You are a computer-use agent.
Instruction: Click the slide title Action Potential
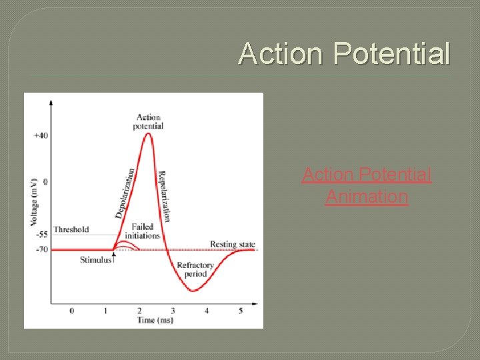click(344, 53)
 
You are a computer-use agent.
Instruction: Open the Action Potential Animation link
click(366, 185)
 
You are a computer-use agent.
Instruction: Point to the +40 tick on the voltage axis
click(41, 135)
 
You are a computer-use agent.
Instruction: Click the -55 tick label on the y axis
click(41, 235)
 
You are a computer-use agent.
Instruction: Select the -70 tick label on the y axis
click(41, 249)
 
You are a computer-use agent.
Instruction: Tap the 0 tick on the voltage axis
click(45, 181)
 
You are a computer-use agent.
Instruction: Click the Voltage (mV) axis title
click(33, 201)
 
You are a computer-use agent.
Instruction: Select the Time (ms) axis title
click(155, 321)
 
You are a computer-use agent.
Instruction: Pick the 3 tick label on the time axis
click(173, 311)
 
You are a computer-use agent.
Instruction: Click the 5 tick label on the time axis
click(241, 311)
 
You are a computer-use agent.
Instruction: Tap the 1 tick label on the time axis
click(105, 311)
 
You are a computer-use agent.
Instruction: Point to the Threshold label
click(71, 229)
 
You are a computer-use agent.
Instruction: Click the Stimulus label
click(95, 259)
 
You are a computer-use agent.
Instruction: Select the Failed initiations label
click(146, 231)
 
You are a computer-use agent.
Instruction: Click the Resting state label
click(232, 244)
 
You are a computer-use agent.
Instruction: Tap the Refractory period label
click(195, 269)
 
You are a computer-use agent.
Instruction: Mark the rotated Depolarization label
click(126, 193)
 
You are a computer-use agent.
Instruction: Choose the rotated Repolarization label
click(165, 196)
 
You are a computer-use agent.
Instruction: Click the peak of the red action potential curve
click(149, 134)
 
